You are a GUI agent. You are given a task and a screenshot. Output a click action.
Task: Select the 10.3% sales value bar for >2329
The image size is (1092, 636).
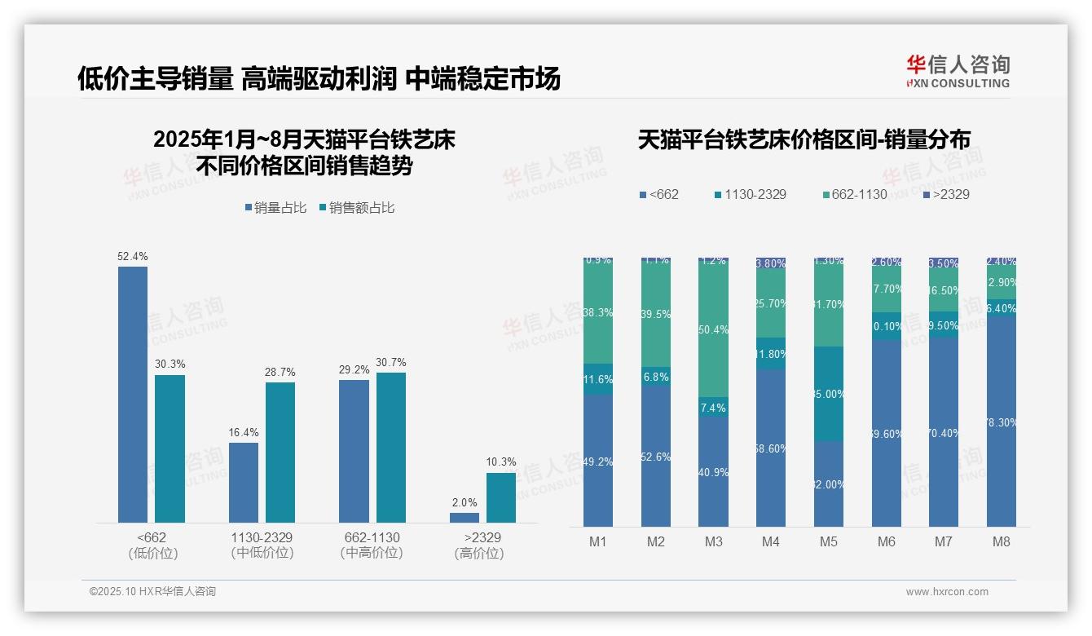tap(501, 497)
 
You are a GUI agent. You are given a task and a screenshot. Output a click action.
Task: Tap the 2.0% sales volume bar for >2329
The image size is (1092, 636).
tap(465, 517)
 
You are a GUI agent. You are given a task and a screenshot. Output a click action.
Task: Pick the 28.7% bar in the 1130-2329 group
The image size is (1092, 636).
tap(280, 452)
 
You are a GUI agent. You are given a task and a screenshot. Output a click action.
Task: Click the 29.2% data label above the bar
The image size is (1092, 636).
tap(354, 369)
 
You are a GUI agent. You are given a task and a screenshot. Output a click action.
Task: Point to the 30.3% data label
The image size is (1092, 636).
tap(170, 364)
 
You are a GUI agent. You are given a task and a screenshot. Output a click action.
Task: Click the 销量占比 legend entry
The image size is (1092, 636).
tap(275, 208)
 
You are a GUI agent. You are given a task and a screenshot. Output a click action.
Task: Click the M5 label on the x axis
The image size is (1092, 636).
tap(828, 541)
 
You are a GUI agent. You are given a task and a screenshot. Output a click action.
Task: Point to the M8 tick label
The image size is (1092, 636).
tap(1002, 541)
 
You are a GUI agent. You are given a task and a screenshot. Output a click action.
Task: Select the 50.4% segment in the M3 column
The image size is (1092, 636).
tap(714, 329)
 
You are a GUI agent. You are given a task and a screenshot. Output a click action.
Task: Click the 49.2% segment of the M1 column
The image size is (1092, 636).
tap(598, 461)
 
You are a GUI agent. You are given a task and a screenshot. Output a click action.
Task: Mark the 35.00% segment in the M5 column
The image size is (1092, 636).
tap(829, 394)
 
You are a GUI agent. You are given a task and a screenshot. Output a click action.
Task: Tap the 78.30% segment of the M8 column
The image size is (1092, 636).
tap(1002, 421)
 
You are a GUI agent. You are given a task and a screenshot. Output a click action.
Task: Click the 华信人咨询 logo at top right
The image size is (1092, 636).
tap(958, 71)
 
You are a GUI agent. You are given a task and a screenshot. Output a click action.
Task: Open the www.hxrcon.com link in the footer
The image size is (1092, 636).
tap(947, 592)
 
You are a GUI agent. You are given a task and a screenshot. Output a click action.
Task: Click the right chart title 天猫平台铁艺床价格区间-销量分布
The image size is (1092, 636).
tap(804, 140)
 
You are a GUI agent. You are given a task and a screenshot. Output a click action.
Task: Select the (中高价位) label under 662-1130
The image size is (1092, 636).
tap(372, 553)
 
